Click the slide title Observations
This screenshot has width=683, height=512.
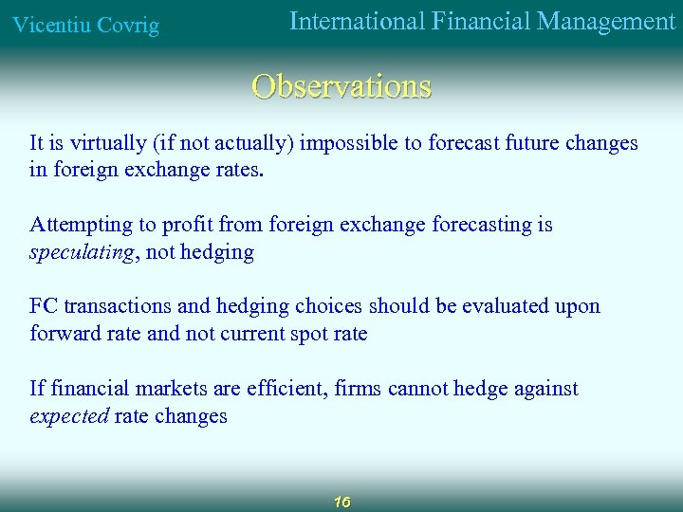point(341,86)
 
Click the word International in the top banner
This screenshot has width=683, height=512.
point(356,21)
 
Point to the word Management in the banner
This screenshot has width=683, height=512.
point(606,21)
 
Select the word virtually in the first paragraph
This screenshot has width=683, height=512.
point(104,143)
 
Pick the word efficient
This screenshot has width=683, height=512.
point(283,388)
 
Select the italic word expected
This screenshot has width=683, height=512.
point(69,416)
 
